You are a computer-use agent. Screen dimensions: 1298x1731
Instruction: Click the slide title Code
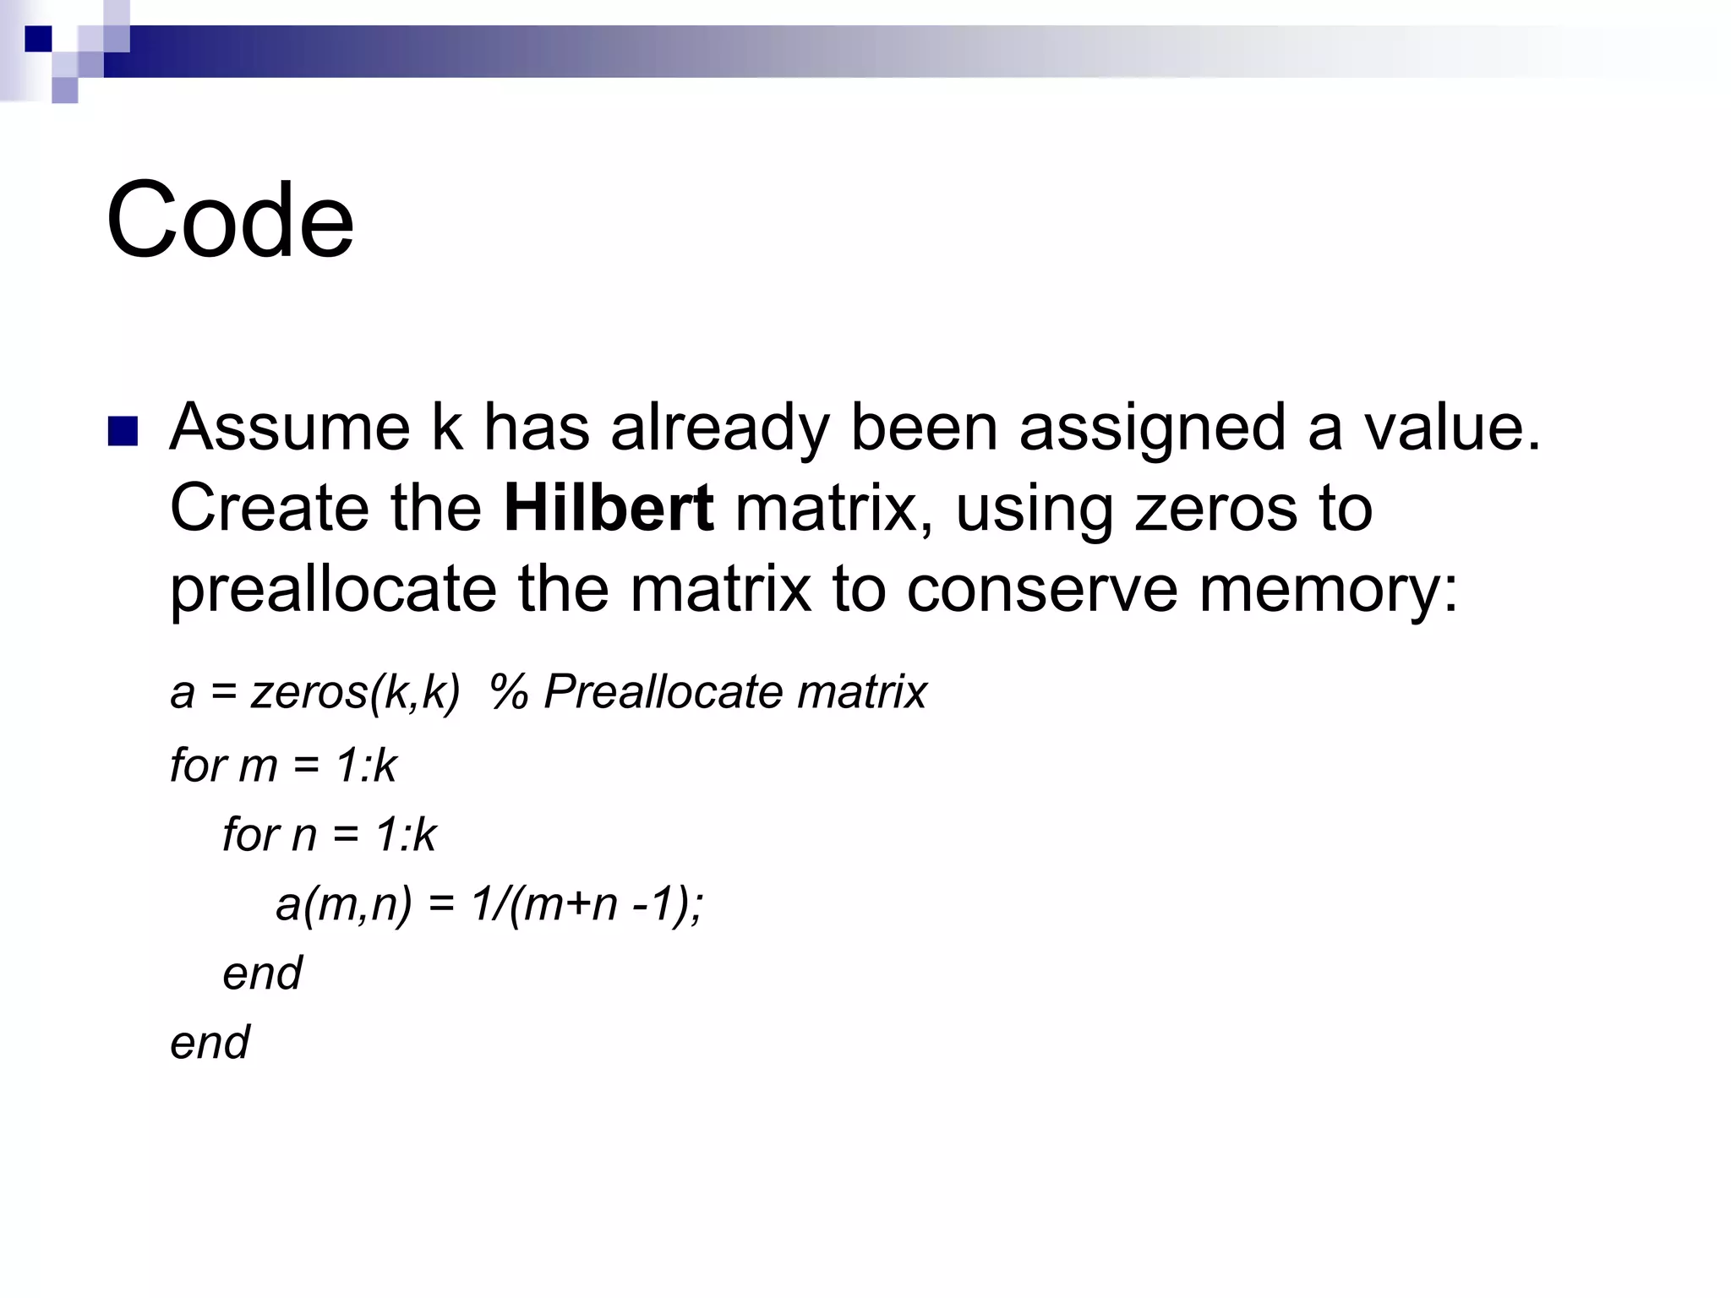(x=230, y=221)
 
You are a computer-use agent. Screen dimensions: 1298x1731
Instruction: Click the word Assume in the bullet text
(x=290, y=428)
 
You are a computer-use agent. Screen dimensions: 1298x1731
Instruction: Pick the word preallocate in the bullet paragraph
(x=333, y=590)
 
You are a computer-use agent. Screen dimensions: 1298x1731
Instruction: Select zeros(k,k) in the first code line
(x=355, y=692)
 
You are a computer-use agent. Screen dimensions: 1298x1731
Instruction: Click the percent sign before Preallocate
(x=510, y=692)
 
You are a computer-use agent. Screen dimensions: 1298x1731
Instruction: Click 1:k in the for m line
(x=366, y=766)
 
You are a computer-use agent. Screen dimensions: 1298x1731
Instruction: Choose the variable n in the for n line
(x=303, y=835)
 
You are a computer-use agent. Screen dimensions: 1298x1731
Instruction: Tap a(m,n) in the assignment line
(x=343, y=904)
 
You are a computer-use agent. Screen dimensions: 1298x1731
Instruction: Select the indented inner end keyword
(x=262, y=973)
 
